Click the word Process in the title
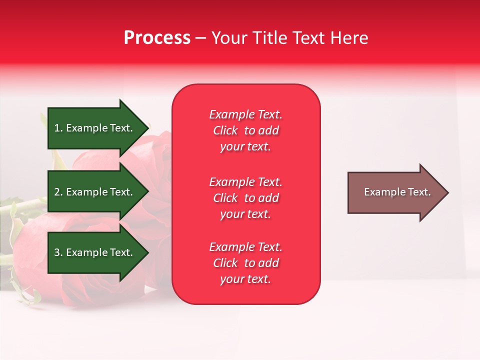coord(157,38)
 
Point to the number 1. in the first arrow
coord(58,128)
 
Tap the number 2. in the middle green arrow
coord(58,192)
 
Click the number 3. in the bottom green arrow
coord(58,252)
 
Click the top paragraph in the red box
coord(245,130)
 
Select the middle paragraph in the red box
coord(245,198)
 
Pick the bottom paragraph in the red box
coord(245,263)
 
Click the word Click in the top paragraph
coord(225,130)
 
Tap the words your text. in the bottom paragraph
coord(245,279)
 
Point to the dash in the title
coord(201,38)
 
